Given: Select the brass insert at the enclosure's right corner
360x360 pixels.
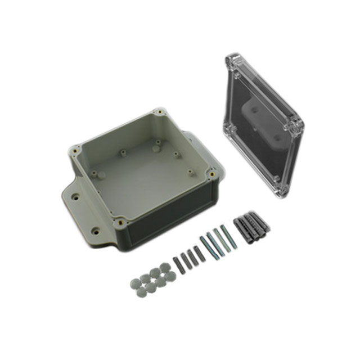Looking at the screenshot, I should [212, 174].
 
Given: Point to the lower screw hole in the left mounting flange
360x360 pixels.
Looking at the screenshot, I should [95, 230].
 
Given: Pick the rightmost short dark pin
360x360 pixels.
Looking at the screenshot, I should [197, 254].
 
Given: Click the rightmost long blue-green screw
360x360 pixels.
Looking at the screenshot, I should [228, 237].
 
